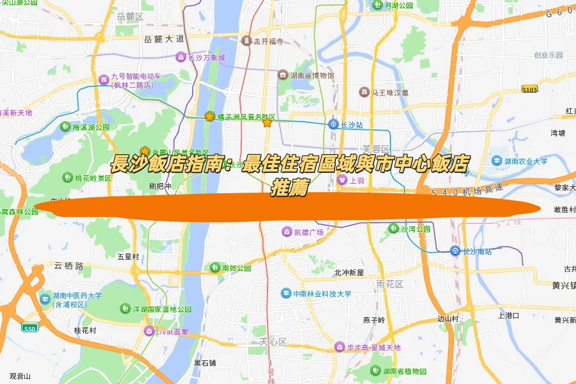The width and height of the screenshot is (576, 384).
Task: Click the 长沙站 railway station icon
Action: pos(333,124)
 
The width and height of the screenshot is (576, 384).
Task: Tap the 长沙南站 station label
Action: pos(477,251)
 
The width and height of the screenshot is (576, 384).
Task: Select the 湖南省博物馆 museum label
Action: pos(312,76)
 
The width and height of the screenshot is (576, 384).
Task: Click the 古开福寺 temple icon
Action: pos(246,42)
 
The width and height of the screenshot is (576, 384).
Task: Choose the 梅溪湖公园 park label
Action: pos(91,127)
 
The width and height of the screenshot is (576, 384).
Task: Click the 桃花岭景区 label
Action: pos(93,178)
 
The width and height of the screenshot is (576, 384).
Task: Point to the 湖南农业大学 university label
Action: pos(525,161)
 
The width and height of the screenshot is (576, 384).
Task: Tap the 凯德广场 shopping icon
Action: pos(287,231)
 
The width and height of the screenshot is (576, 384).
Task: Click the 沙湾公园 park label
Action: pos(415,228)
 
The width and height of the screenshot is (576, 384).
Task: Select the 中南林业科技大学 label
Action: pos(323,294)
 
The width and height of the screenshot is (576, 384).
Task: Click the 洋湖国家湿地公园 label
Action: pos(162,309)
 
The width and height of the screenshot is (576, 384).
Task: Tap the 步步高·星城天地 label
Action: pos(373,348)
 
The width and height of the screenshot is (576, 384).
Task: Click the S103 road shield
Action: pos(529,89)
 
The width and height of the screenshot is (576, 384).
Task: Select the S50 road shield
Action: pos(29,328)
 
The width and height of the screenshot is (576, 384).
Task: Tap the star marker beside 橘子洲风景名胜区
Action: pos(209,116)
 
